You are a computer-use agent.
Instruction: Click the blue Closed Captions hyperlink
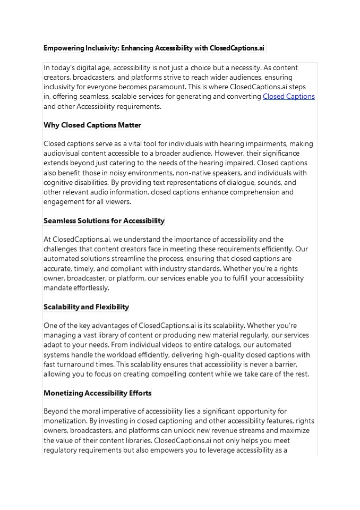[x=289, y=97]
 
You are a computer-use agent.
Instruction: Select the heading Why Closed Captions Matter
[x=92, y=125]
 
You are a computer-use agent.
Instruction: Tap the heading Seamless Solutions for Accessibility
[x=104, y=220]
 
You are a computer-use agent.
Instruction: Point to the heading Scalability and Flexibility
[x=86, y=307]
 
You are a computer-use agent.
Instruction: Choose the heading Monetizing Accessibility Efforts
[x=98, y=393]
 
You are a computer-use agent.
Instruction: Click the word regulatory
[x=61, y=450]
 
